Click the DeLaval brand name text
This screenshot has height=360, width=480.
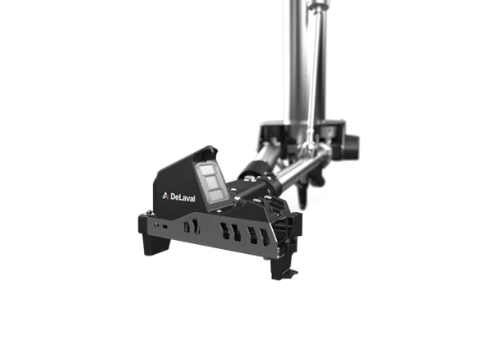(x=182, y=197)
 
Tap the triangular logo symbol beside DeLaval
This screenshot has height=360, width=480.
(x=165, y=196)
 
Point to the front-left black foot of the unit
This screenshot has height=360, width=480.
(x=156, y=243)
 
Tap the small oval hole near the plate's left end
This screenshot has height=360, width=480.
(x=165, y=227)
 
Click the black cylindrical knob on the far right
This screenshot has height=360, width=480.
(x=352, y=146)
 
